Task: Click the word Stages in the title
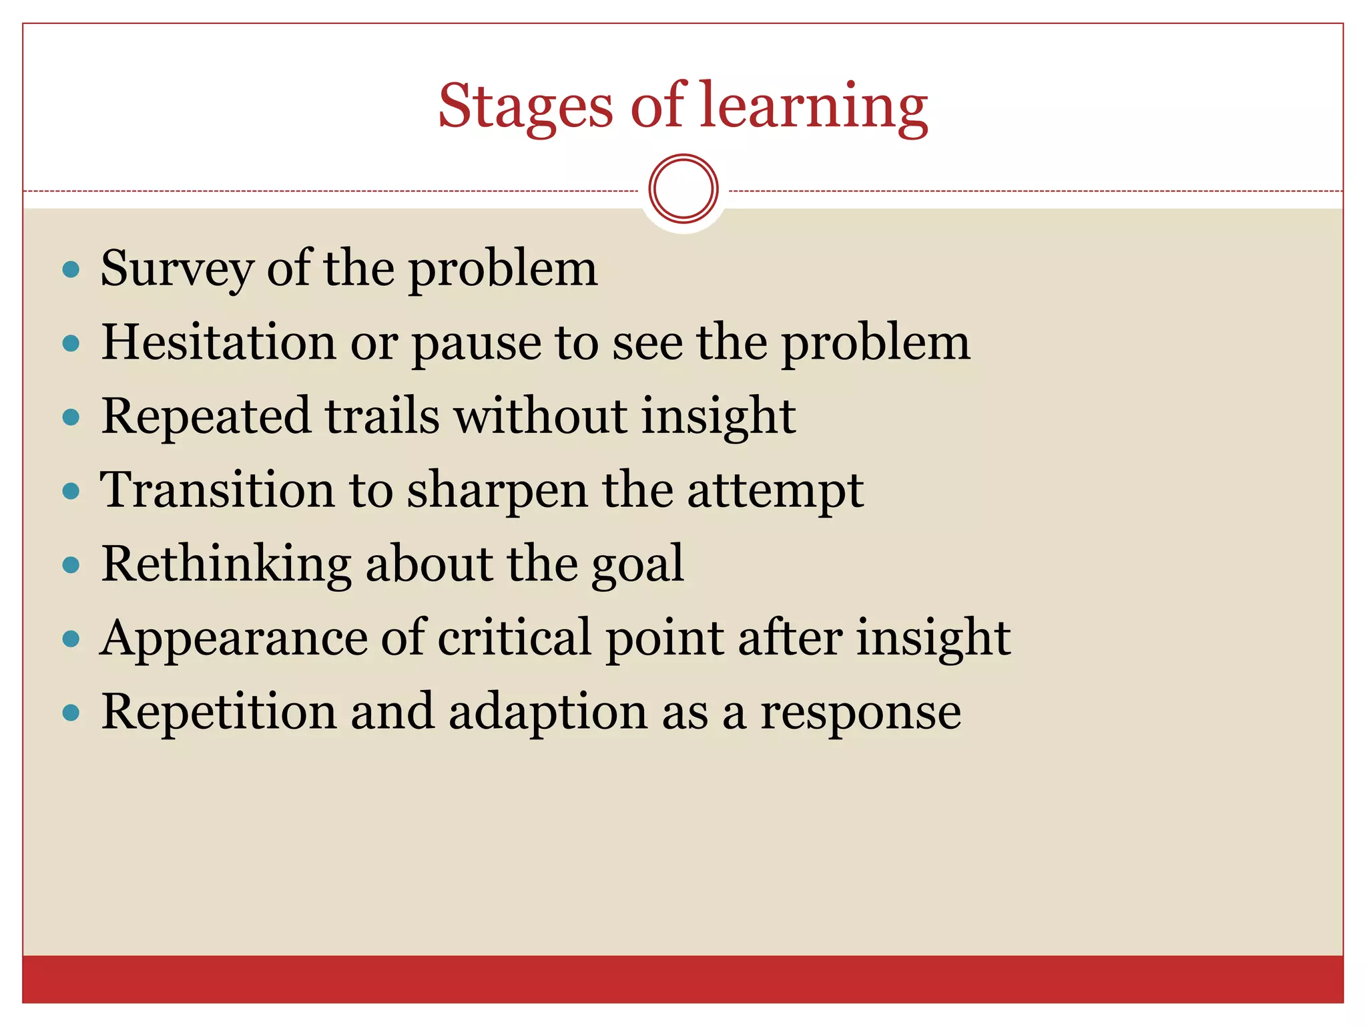click(525, 107)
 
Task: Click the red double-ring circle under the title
click(683, 189)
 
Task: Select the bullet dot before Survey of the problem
click(71, 270)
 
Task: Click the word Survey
click(176, 269)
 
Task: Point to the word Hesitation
click(218, 342)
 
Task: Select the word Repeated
click(206, 416)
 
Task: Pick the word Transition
click(216, 490)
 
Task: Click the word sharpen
click(497, 491)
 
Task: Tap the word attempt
click(775, 491)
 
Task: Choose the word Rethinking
click(226, 564)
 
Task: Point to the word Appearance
click(233, 639)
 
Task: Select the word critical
click(514, 637)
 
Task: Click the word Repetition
click(218, 712)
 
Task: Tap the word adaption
click(547, 712)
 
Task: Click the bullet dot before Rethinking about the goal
click(71, 565)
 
